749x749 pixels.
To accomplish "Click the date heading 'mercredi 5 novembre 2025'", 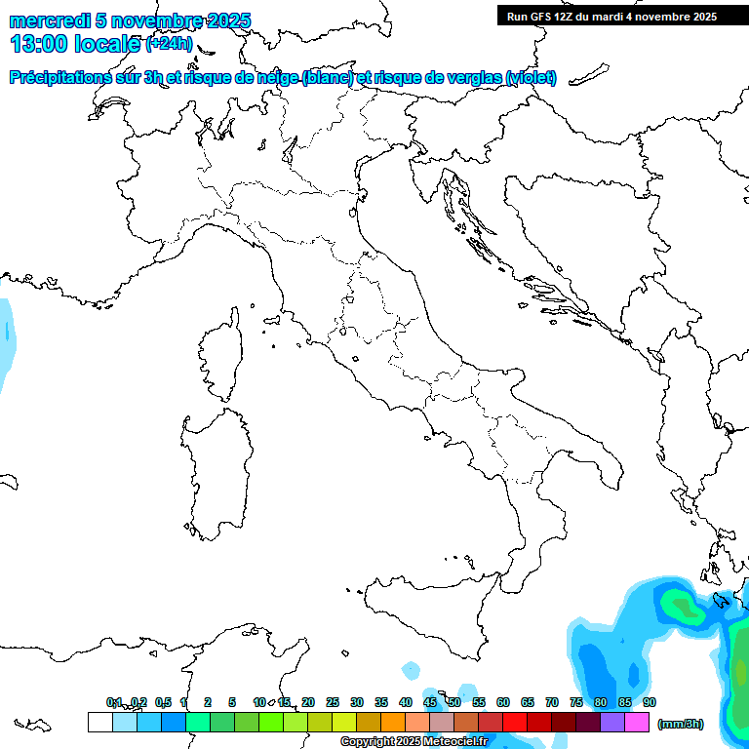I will tap(130, 20).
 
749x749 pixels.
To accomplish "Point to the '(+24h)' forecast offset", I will tap(169, 45).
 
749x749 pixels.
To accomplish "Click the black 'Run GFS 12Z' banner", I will tap(611, 16).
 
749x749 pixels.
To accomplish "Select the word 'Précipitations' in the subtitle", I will tap(64, 77).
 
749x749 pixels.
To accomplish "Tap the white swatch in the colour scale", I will tap(99, 722).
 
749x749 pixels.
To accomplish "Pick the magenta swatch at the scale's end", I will tap(637, 722).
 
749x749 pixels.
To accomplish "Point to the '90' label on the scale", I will tap(650, 702).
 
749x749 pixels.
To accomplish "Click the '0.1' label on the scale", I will tap(114, 702).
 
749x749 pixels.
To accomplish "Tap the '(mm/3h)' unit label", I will tap(681, 724).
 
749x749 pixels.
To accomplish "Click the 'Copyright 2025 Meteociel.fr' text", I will tap(414, 741).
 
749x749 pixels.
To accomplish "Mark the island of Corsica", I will tap(219, 356).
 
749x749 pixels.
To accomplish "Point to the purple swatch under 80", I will tap(611, 722).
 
